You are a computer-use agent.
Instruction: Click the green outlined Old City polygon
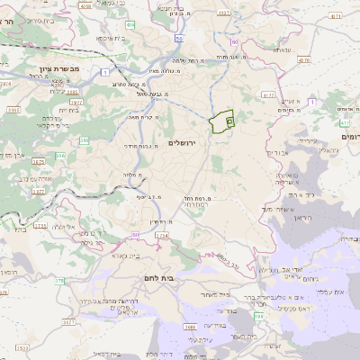point(220,122)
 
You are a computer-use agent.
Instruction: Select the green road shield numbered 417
point(345,121)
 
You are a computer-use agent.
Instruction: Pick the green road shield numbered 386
point(85,139)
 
